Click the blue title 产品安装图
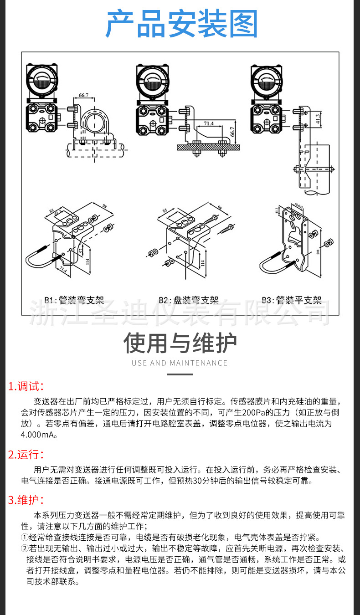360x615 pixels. pos(181,24)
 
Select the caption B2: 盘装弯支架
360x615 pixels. pos(188,300)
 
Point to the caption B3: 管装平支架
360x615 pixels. pos(292,300)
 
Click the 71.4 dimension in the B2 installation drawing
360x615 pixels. pos(208,123)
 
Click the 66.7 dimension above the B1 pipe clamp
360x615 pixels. pos(83,96)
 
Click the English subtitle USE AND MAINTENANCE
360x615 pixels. pos(180,363)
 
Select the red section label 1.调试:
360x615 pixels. pos(26,387)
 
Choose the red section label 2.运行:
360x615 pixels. pos(26,454)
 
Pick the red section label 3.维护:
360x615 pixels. pos(26,500)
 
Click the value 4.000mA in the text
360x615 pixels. pos(39,435)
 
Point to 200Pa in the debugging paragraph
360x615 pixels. pos(252,413)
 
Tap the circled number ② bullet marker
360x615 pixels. pos(25,548)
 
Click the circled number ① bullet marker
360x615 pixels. pos(25,537)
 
